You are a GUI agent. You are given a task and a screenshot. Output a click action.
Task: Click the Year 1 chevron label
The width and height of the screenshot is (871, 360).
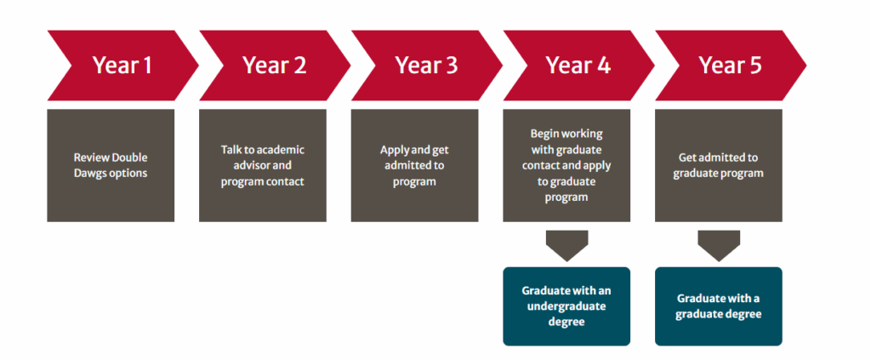pos(122,66)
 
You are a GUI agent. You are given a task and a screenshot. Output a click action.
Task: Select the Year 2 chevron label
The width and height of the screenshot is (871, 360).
pos(275,66)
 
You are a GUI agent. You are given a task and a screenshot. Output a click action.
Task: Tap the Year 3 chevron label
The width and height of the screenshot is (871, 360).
pos(427,66)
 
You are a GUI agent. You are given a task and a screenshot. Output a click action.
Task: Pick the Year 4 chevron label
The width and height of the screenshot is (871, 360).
pos(578,66)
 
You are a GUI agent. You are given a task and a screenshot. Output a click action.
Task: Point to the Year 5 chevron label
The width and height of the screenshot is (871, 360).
pos(731,66)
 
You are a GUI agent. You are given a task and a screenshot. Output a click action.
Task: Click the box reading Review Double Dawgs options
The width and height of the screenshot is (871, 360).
pos(111,166)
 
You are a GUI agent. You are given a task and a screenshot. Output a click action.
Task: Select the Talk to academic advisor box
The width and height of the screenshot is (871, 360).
pos(263,166)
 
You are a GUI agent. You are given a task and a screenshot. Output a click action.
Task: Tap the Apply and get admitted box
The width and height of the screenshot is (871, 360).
pos(414,166)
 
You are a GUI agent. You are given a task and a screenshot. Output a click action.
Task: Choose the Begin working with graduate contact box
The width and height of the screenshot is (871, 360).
pos(566,166)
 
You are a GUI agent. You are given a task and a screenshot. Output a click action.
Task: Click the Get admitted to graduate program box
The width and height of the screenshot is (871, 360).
pos(719,166)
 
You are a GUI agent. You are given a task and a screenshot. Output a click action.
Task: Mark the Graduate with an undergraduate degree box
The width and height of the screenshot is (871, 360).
pos(566,306)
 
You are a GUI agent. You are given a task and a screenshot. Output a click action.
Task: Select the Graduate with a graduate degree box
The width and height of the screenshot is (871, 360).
pos(719,306)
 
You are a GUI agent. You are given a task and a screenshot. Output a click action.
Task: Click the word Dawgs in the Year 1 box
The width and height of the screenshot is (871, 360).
pos(90,174)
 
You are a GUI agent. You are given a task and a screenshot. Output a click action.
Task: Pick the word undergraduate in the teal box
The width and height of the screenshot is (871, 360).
pos(566,306)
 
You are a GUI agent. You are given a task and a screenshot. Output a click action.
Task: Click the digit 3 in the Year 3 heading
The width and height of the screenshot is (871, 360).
pos(451,66)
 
